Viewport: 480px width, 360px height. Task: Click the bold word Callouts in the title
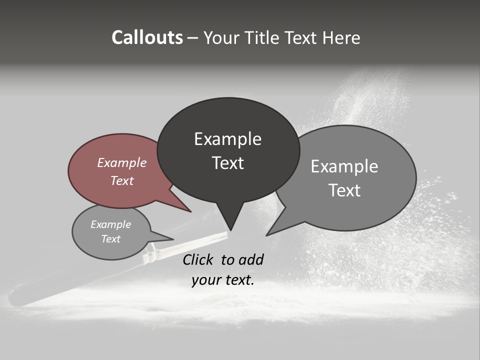[x=147, y=37]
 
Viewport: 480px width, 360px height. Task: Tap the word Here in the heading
[x=342, y=37]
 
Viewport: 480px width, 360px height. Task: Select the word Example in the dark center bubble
[x=227, y=139]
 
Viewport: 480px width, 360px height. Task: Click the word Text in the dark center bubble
[x=227, y=163]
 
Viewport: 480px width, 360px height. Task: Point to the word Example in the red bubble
[x=121, y=162]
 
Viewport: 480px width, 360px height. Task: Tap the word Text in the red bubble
[x=121, y=180]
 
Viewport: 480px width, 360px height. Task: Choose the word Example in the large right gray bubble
[x=344, y=166]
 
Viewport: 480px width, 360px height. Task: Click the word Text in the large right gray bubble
[x=344, y=190]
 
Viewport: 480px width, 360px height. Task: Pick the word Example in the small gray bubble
[x=110, y=224]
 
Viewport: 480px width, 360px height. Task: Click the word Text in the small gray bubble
[x=110, y=239]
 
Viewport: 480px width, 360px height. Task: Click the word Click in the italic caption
[x=199, y=259]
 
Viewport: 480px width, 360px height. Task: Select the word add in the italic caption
[x=251, y=259]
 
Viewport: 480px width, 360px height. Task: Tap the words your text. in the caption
[x=222, y=280]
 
